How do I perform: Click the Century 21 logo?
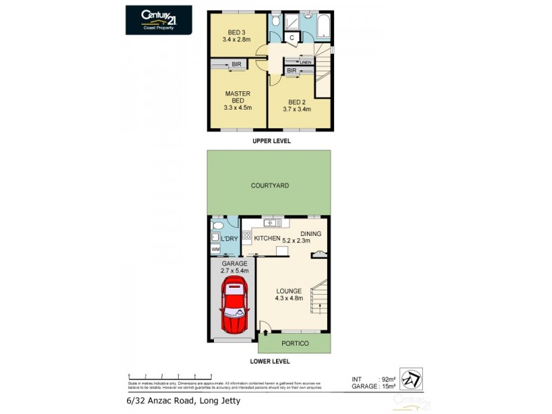point(158,19)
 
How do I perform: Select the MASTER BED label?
point(238,100)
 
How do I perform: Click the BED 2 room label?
point(297,104)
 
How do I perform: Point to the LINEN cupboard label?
point(306,62)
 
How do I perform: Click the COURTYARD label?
point(269,186)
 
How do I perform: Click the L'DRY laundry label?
point(229,239)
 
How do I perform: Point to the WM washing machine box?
point(215,249)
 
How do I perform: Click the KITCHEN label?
point(267,239)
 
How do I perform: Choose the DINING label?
point(310,234)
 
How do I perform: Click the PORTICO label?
point(295,344)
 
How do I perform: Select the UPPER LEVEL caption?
point(270,141)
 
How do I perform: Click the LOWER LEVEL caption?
point(269,361)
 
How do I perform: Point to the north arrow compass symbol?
point(411,379)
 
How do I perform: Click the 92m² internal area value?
point(388,379)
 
